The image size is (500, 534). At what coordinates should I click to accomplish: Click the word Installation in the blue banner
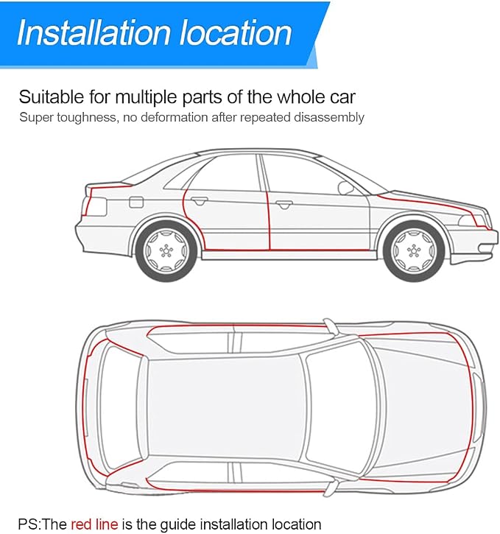(94, 32)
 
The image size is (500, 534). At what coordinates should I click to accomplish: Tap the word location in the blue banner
(235, 32)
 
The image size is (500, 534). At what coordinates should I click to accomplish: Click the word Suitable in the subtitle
(52, 96)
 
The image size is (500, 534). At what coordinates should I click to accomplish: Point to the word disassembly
(329, 117)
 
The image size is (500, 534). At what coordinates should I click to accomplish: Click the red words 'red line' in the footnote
(94, 524)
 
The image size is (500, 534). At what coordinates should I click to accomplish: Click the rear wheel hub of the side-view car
(166, 251)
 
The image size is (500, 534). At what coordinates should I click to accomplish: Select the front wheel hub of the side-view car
(414, 251)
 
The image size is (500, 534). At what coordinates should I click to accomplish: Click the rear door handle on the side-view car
(199, 200)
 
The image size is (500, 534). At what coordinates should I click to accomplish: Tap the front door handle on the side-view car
(284, 204)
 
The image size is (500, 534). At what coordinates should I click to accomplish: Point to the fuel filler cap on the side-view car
(136, 202)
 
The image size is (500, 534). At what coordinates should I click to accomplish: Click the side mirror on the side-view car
(345, 189)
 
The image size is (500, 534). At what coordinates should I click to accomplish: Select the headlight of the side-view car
(473, 221)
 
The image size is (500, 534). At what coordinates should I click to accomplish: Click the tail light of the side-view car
(95, 205)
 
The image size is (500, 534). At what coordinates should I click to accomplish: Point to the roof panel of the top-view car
(225, 409)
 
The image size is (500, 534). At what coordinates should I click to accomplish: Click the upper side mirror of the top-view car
(329, 325)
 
